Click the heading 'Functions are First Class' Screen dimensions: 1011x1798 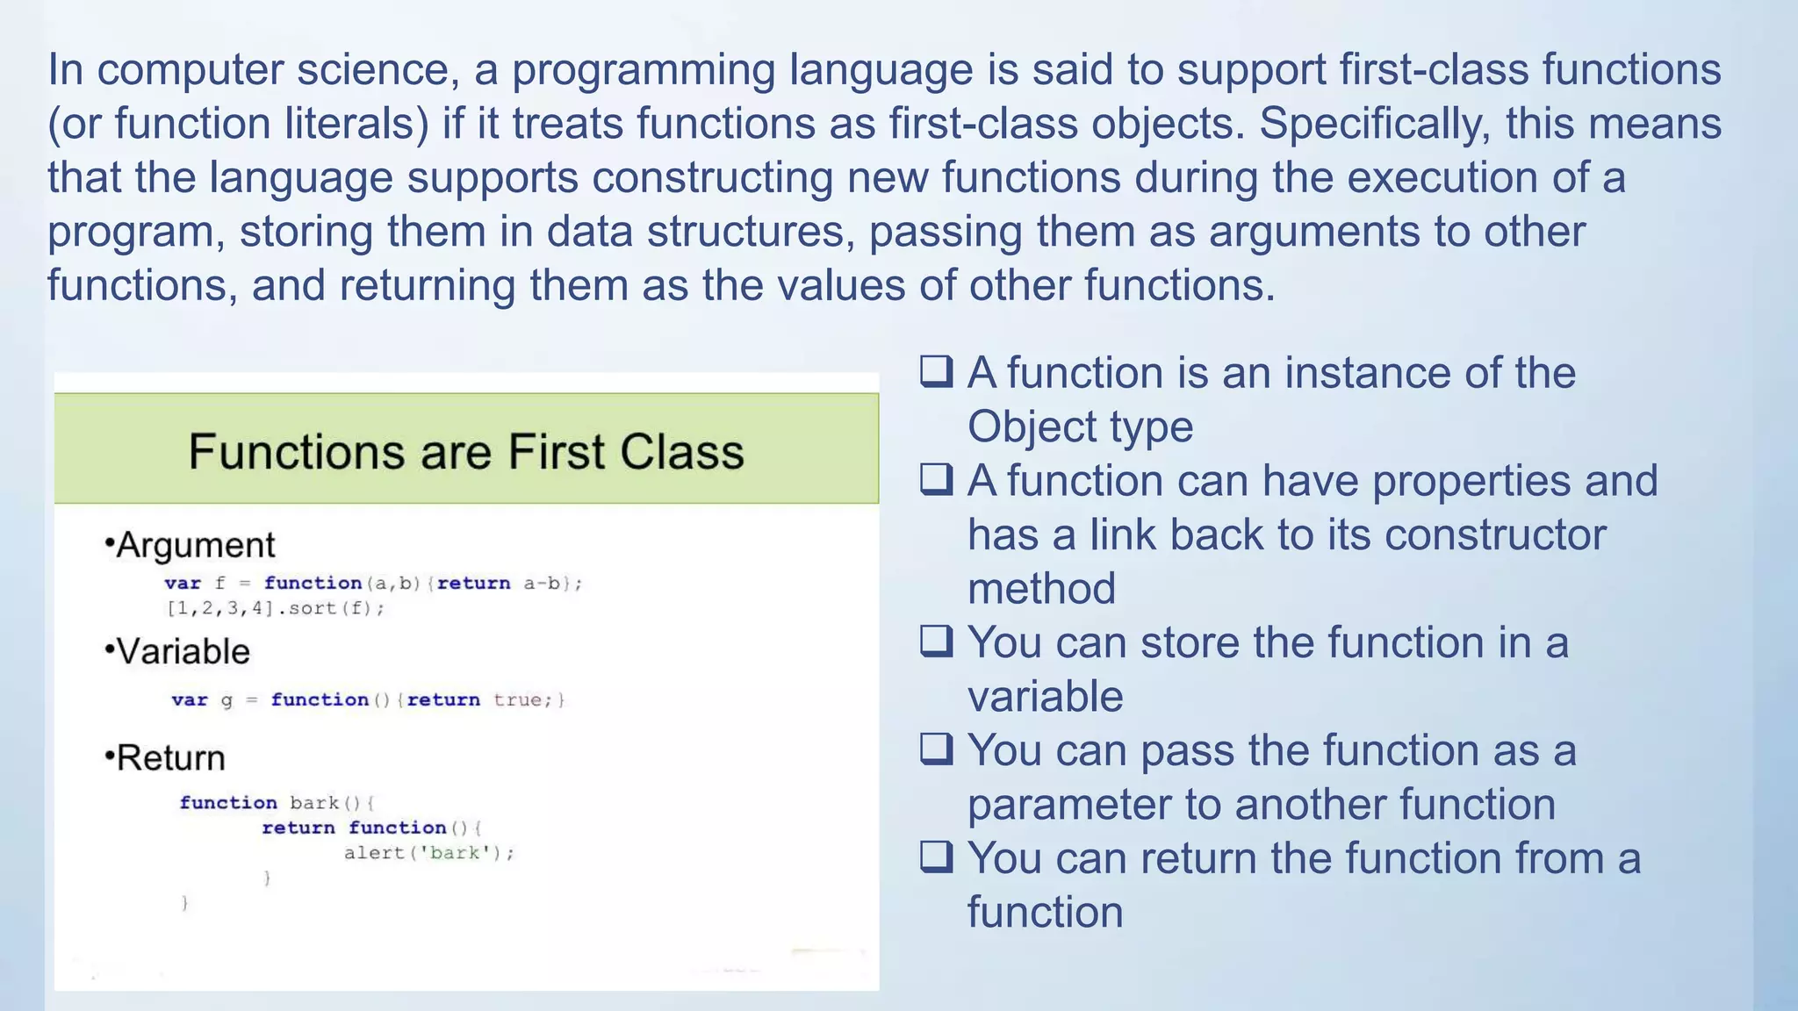(466, 452)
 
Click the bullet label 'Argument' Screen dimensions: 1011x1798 (195, 545)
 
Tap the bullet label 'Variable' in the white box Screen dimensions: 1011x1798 (183, 651)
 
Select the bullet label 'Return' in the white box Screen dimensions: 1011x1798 (170, 757)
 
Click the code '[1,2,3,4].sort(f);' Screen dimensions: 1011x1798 (275, 608)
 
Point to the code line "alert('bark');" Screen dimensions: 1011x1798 (428, 852)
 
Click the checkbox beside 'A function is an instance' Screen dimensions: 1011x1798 (936, 372)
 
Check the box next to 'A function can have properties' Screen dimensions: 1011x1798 (936, 480)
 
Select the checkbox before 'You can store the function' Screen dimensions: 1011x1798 (936, 642)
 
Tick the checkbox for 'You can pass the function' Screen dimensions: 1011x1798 (936, 749)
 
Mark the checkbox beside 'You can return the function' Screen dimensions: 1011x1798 (936, 857)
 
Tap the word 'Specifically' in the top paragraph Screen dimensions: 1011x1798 (1374, 124)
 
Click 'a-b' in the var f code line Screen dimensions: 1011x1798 (542, 583)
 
